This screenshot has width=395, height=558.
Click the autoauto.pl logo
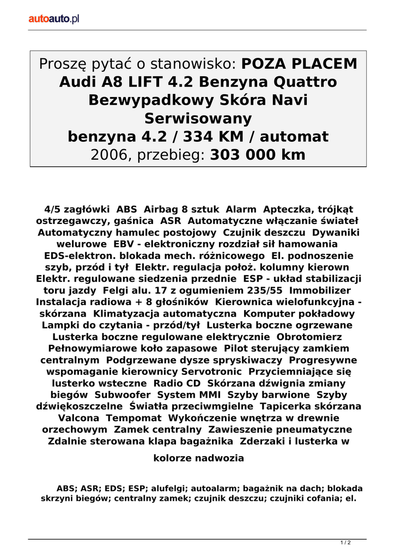[54, 19]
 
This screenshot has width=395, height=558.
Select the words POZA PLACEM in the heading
[299, 64]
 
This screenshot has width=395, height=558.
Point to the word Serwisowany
[198, 119]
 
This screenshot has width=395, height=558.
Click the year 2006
[108, 155]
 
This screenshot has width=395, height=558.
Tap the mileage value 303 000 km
[258, 155]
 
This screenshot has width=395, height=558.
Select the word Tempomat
[133, 417]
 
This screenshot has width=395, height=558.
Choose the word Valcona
[78, 417]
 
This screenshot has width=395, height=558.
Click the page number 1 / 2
[345, 542]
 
